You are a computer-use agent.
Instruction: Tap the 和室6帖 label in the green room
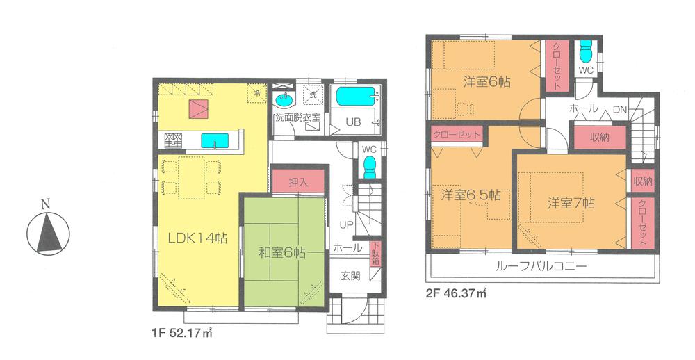click(281, 253)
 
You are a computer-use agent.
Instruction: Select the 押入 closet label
click(298, 180)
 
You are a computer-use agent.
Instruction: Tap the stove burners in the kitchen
click(174, 140)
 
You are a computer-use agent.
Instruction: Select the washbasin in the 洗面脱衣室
click(283, 98)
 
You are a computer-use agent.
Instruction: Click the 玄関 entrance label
click(350, 276)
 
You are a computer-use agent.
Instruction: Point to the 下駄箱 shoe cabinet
click(375, 254)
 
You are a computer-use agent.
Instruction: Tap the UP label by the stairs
click(345, 224)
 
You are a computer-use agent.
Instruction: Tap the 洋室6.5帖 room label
click(469, 196)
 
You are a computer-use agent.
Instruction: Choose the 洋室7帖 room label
click(570, 204)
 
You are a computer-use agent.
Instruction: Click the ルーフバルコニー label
click(541, 266)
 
